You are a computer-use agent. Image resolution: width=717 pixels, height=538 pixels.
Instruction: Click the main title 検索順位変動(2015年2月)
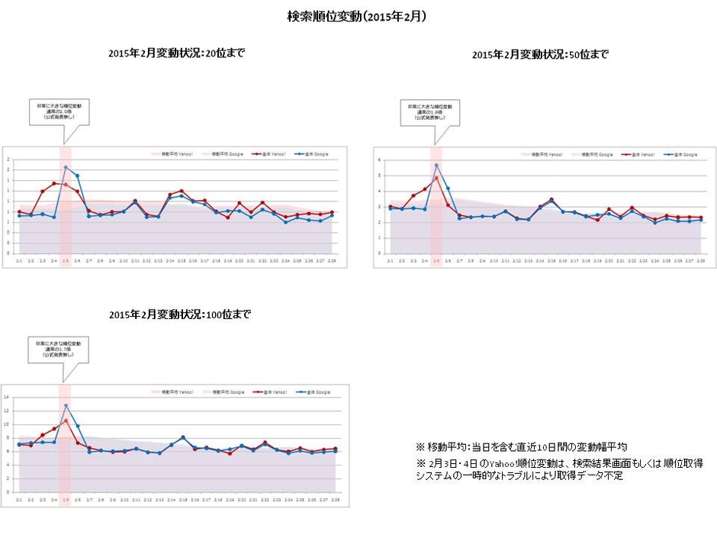pos(356,16)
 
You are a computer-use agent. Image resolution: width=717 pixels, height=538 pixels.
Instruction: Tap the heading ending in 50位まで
pos(540,54)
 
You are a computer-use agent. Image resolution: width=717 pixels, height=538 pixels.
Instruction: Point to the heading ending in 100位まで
pos(179,314)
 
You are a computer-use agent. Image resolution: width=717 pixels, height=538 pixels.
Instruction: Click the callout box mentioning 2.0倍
pos(59,111)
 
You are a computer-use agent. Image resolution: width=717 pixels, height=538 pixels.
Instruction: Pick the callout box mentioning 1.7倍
pos(59,350)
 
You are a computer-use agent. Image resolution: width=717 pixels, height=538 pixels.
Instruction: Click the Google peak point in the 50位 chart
pos(436,166)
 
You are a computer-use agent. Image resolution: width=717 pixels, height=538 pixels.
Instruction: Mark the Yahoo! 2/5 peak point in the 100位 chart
pos(66,420)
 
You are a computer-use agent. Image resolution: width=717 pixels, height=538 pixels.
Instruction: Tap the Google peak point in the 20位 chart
pos(66,167)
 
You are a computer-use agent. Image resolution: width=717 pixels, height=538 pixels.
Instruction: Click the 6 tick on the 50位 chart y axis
pos(378,159)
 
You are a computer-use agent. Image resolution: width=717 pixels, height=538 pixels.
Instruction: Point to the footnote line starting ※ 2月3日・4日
pos(559,462)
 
